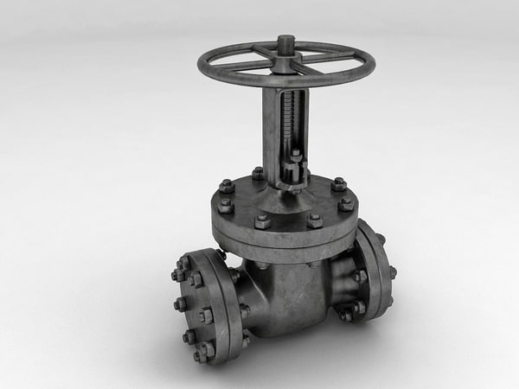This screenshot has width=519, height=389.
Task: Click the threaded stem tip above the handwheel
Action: tap(285, 41)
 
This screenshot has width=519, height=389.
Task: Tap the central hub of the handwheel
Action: tap(285, 57)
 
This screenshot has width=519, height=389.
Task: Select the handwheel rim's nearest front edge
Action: tap(285, 86)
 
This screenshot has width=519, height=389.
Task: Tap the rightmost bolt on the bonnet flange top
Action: tap(346, 204)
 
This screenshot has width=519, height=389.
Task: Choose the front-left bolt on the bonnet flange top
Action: tap(262, 221)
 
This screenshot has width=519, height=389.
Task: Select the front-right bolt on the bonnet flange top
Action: tap(314, 220)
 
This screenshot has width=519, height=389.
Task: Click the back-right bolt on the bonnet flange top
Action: tap(338, 184)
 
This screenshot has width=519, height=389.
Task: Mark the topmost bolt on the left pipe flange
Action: tap(184, 263)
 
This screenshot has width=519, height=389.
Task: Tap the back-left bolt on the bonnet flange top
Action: tap(227, 186)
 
